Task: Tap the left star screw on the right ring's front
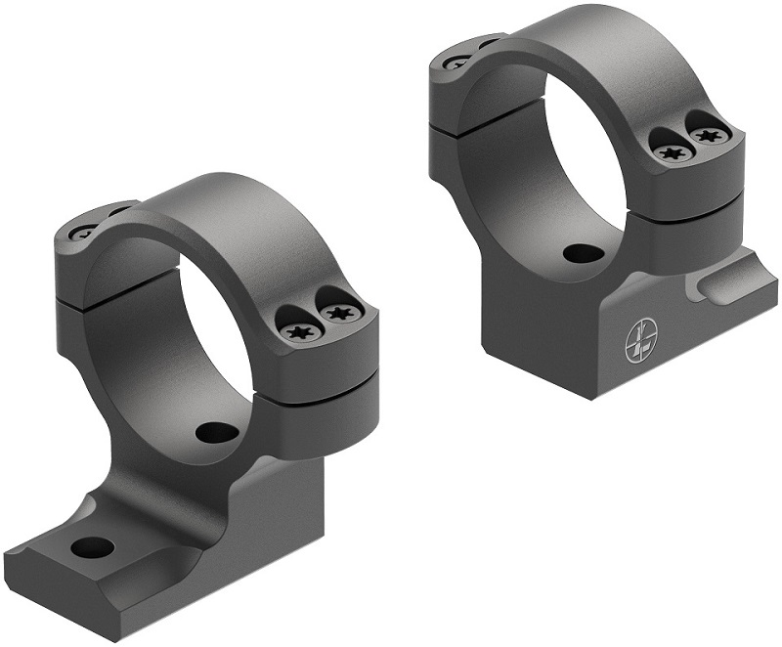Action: point(672,152)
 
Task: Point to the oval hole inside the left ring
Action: point(209,431)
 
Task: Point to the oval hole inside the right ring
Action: point(583,253)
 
